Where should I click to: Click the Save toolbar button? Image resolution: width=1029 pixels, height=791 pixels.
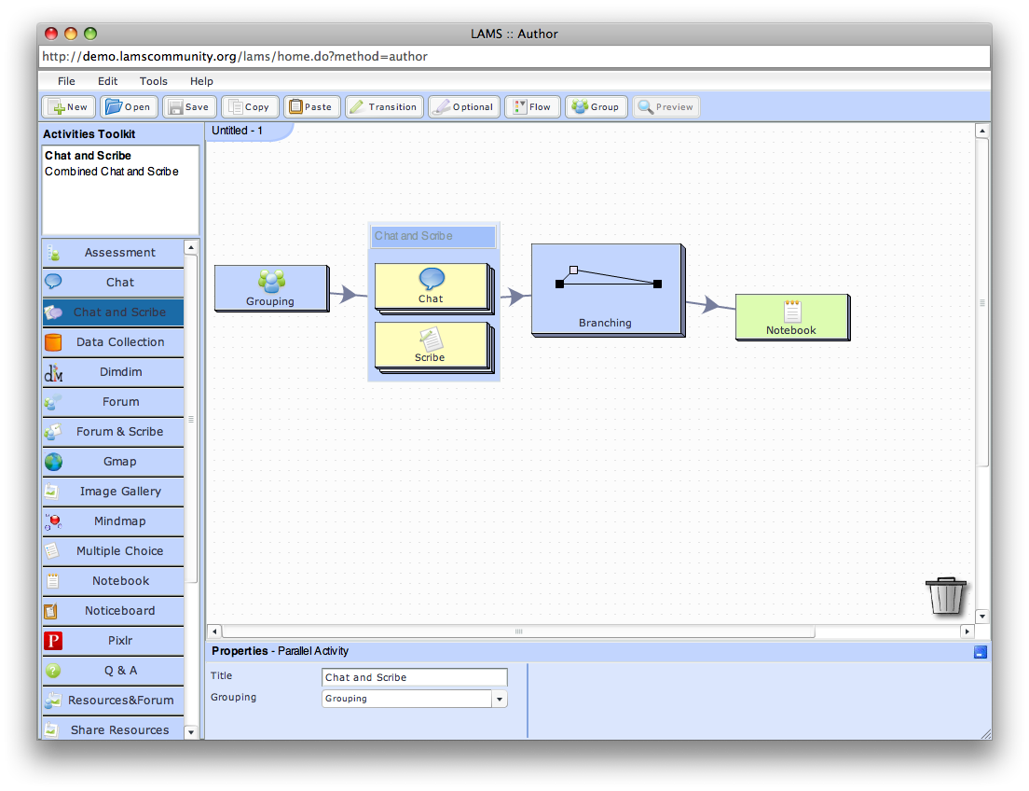click(x=189, y=106)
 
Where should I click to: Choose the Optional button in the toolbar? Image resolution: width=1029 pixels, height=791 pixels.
click(x=464, y=106)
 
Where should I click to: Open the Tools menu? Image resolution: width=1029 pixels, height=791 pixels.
click(x=154, y=81)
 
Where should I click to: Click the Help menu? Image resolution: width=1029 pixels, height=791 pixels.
click(x=201, y=81)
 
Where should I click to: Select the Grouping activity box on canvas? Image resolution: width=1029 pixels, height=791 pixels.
click(x=270, y=287)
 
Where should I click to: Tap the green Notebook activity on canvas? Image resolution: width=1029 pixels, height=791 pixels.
click(x=791, y=317)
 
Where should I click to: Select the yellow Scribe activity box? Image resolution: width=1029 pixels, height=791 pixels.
click(x=431, y=344)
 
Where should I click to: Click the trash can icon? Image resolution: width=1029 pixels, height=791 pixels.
click(x=945, y=595)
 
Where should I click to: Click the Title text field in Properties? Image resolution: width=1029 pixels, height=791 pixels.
click(x=415, y=677)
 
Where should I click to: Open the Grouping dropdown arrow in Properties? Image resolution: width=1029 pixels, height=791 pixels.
click(x=500, y=699)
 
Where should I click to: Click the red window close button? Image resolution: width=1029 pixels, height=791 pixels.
click(x=52, y=34)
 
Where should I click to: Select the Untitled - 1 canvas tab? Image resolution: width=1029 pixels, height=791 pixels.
click(x=238, y=131)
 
